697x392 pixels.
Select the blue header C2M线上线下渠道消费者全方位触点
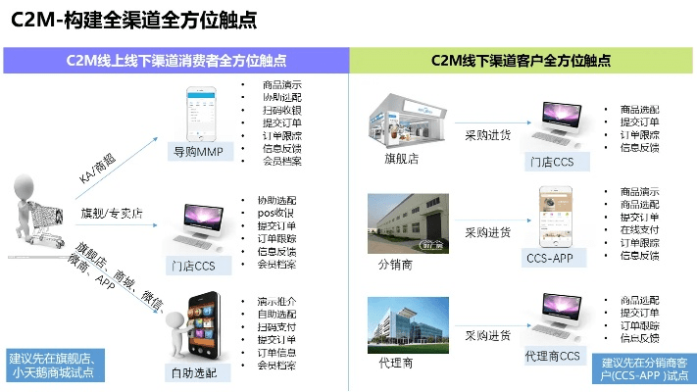point(177,60)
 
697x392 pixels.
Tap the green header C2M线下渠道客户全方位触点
point(522,60)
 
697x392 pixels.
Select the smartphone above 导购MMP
point(203,113)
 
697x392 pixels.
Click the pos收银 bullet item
point(275,213)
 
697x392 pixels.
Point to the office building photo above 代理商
point(403,324)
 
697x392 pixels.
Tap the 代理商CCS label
point(553,356)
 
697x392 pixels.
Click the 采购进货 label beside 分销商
point(487,233)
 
